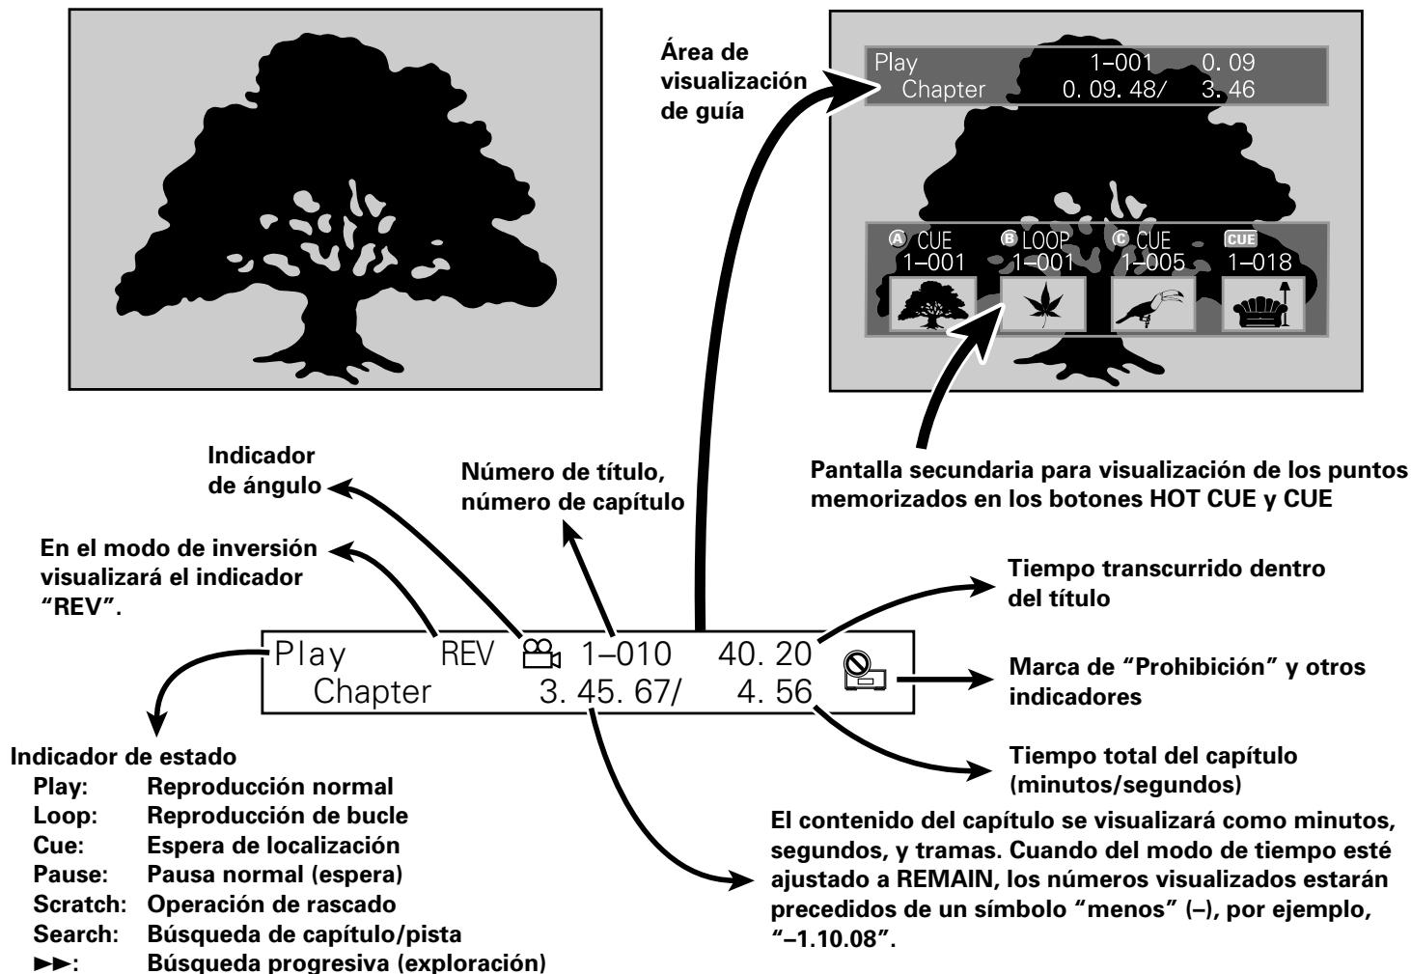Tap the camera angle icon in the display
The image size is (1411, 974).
(540, 655)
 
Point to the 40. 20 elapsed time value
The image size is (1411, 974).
(768, 654)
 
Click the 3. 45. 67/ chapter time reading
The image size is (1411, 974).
(610, 692)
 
